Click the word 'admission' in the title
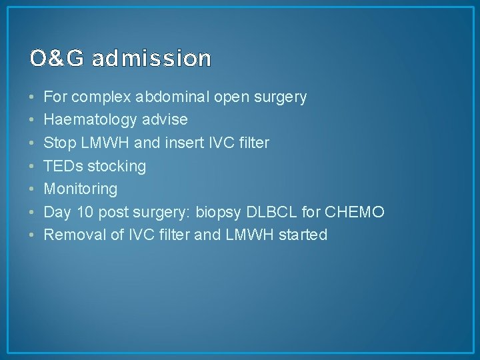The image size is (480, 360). [x=151, y=59]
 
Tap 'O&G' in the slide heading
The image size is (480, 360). [x=58, y=59]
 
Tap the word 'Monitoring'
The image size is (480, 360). [x=80, y=189]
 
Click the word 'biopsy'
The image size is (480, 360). [x=218, y=212]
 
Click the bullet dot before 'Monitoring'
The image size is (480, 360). [x=32, y=189]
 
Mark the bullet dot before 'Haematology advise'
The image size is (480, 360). [x=32, y=121]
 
